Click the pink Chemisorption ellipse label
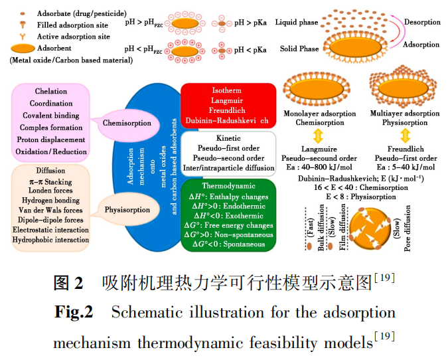128,123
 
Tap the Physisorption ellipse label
127,211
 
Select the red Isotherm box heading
227,90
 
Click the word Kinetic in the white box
228,137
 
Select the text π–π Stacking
50,181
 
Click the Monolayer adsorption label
320,114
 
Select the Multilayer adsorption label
405,114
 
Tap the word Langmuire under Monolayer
320,149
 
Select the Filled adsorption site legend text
74,25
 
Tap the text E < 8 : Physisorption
361,197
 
